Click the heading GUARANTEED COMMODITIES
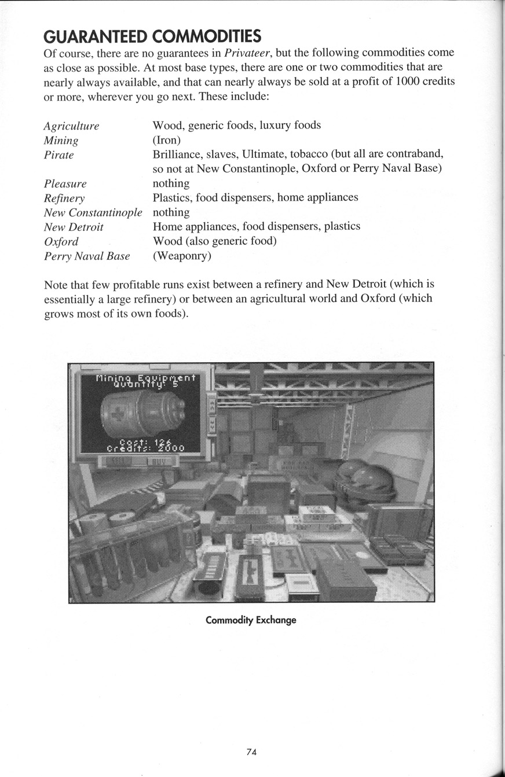(x=152, y=37)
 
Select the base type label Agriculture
(x=71, y=126)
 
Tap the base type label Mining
(x=61, y=141)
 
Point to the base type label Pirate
(x=59, y=155)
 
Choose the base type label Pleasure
(x=65, y=184)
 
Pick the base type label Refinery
(x=64, y=198)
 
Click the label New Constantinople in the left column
(x=93, y=213)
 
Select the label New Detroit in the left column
(x=74, y=227)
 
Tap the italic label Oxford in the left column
(x=61, y=242)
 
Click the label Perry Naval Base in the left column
(x=87, y=256)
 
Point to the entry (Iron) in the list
(x=167, y=140)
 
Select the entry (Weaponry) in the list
(x=182, y=256)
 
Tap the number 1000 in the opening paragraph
(x=407, y=82)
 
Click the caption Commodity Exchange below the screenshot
(x=251, y=620)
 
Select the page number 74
(x=251, y=752)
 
